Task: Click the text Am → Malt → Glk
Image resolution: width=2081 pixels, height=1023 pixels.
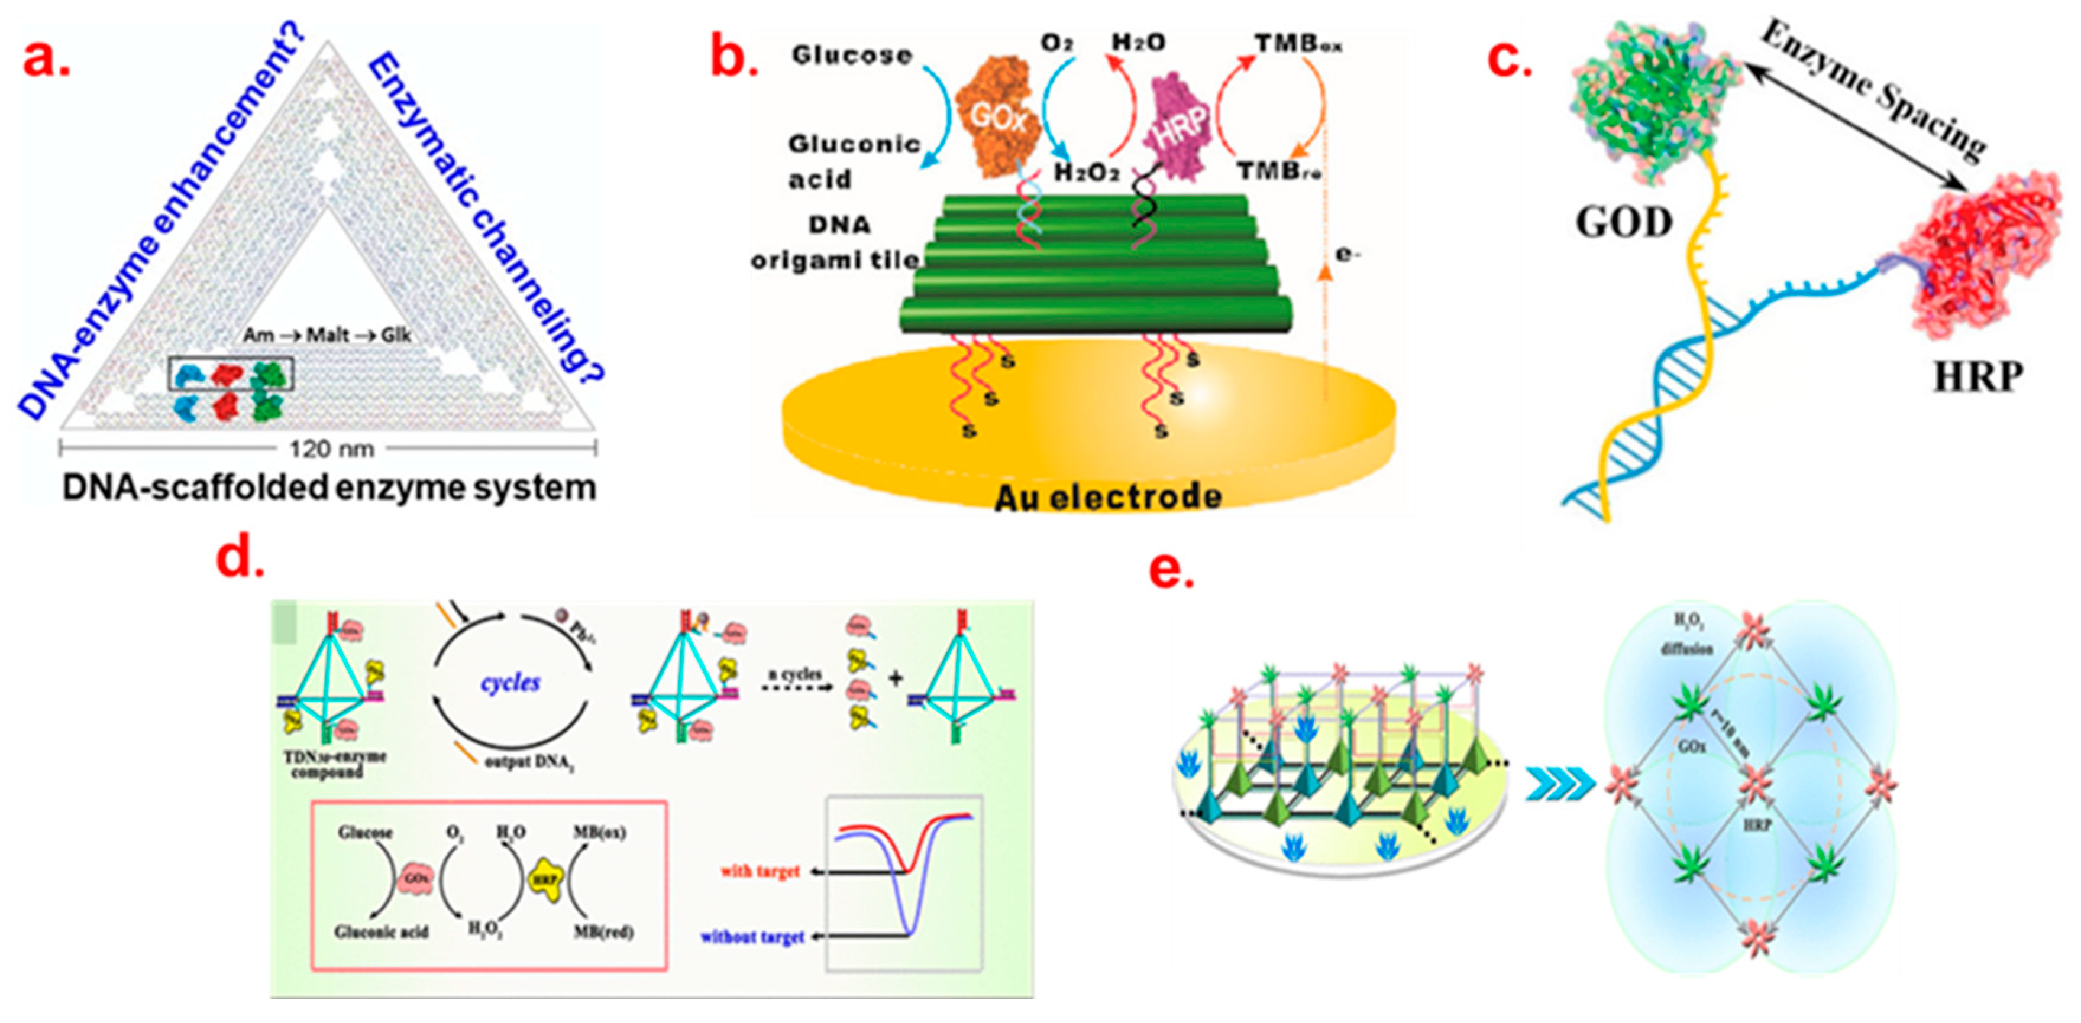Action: coord(327,334)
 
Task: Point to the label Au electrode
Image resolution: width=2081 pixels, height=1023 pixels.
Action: coord(1107,496)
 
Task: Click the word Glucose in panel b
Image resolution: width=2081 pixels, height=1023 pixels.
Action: coord(851,55)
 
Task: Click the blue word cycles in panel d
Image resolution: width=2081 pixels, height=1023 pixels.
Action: coord(510,683)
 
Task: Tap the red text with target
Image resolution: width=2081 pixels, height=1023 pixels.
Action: coord(760,871)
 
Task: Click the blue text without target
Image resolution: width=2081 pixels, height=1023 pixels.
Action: coord(752,937)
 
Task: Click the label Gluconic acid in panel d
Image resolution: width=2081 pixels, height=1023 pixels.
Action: coord(382,932)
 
